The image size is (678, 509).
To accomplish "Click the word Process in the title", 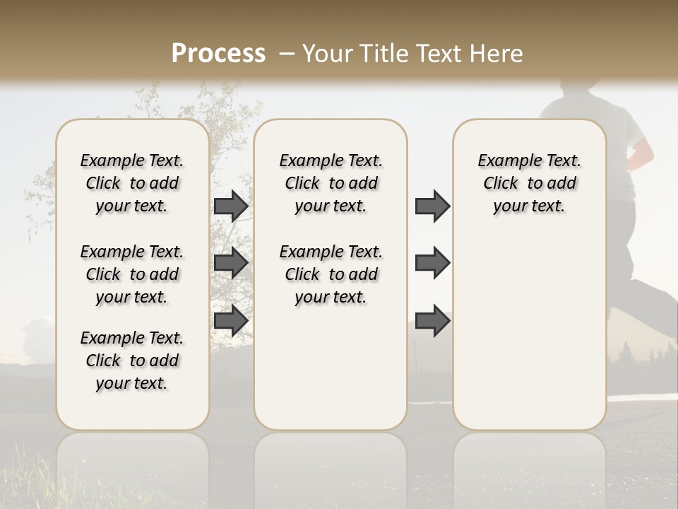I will [218, 54].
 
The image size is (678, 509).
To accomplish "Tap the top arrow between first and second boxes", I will [231, 206].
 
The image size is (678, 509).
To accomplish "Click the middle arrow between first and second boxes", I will [231, 263].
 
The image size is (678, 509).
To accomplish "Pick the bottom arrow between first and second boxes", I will [231, 320].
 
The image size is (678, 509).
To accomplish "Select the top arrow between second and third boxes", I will [432, 206].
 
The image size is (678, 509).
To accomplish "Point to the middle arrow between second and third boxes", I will [432, 263].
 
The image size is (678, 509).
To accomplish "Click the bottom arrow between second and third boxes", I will [432, 320].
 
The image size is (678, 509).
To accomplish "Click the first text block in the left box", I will [132, 183].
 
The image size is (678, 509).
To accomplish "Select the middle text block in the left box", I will [132, 274].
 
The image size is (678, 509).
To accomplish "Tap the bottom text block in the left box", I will [132, 361].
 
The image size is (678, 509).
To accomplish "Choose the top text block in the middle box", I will [331, 183].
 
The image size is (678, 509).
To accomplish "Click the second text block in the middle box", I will [331, 274].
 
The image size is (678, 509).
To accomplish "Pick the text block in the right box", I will [529, 183].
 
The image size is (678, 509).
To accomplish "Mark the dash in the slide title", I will [286, 54].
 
